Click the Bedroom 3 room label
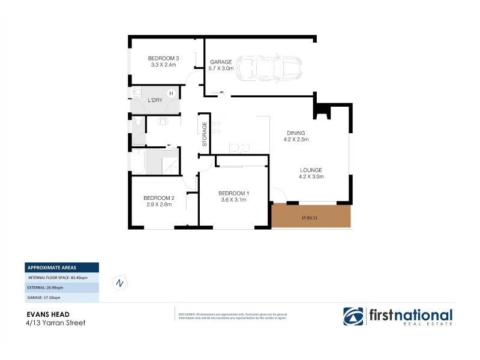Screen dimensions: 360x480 (x=164, y=58)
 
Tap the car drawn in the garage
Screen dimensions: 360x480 (x=268, y=69)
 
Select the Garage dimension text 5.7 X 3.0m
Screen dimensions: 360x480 (x=221, y=69)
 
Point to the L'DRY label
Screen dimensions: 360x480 (x=155, y=100)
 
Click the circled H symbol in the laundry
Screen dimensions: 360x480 (x=172, y=94)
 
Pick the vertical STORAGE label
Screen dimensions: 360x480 (x=205, y=134)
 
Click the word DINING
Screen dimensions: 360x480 (x=296, y=133)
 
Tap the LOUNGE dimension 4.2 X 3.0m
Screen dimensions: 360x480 (x=312, y=176)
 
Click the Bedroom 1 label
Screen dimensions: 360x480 (x=234, y=193)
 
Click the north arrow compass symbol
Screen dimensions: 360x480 (x=120, y=283)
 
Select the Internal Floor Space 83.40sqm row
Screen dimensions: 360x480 (x=58, y=278)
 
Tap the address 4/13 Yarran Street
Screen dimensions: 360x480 (x=55, y=323)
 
